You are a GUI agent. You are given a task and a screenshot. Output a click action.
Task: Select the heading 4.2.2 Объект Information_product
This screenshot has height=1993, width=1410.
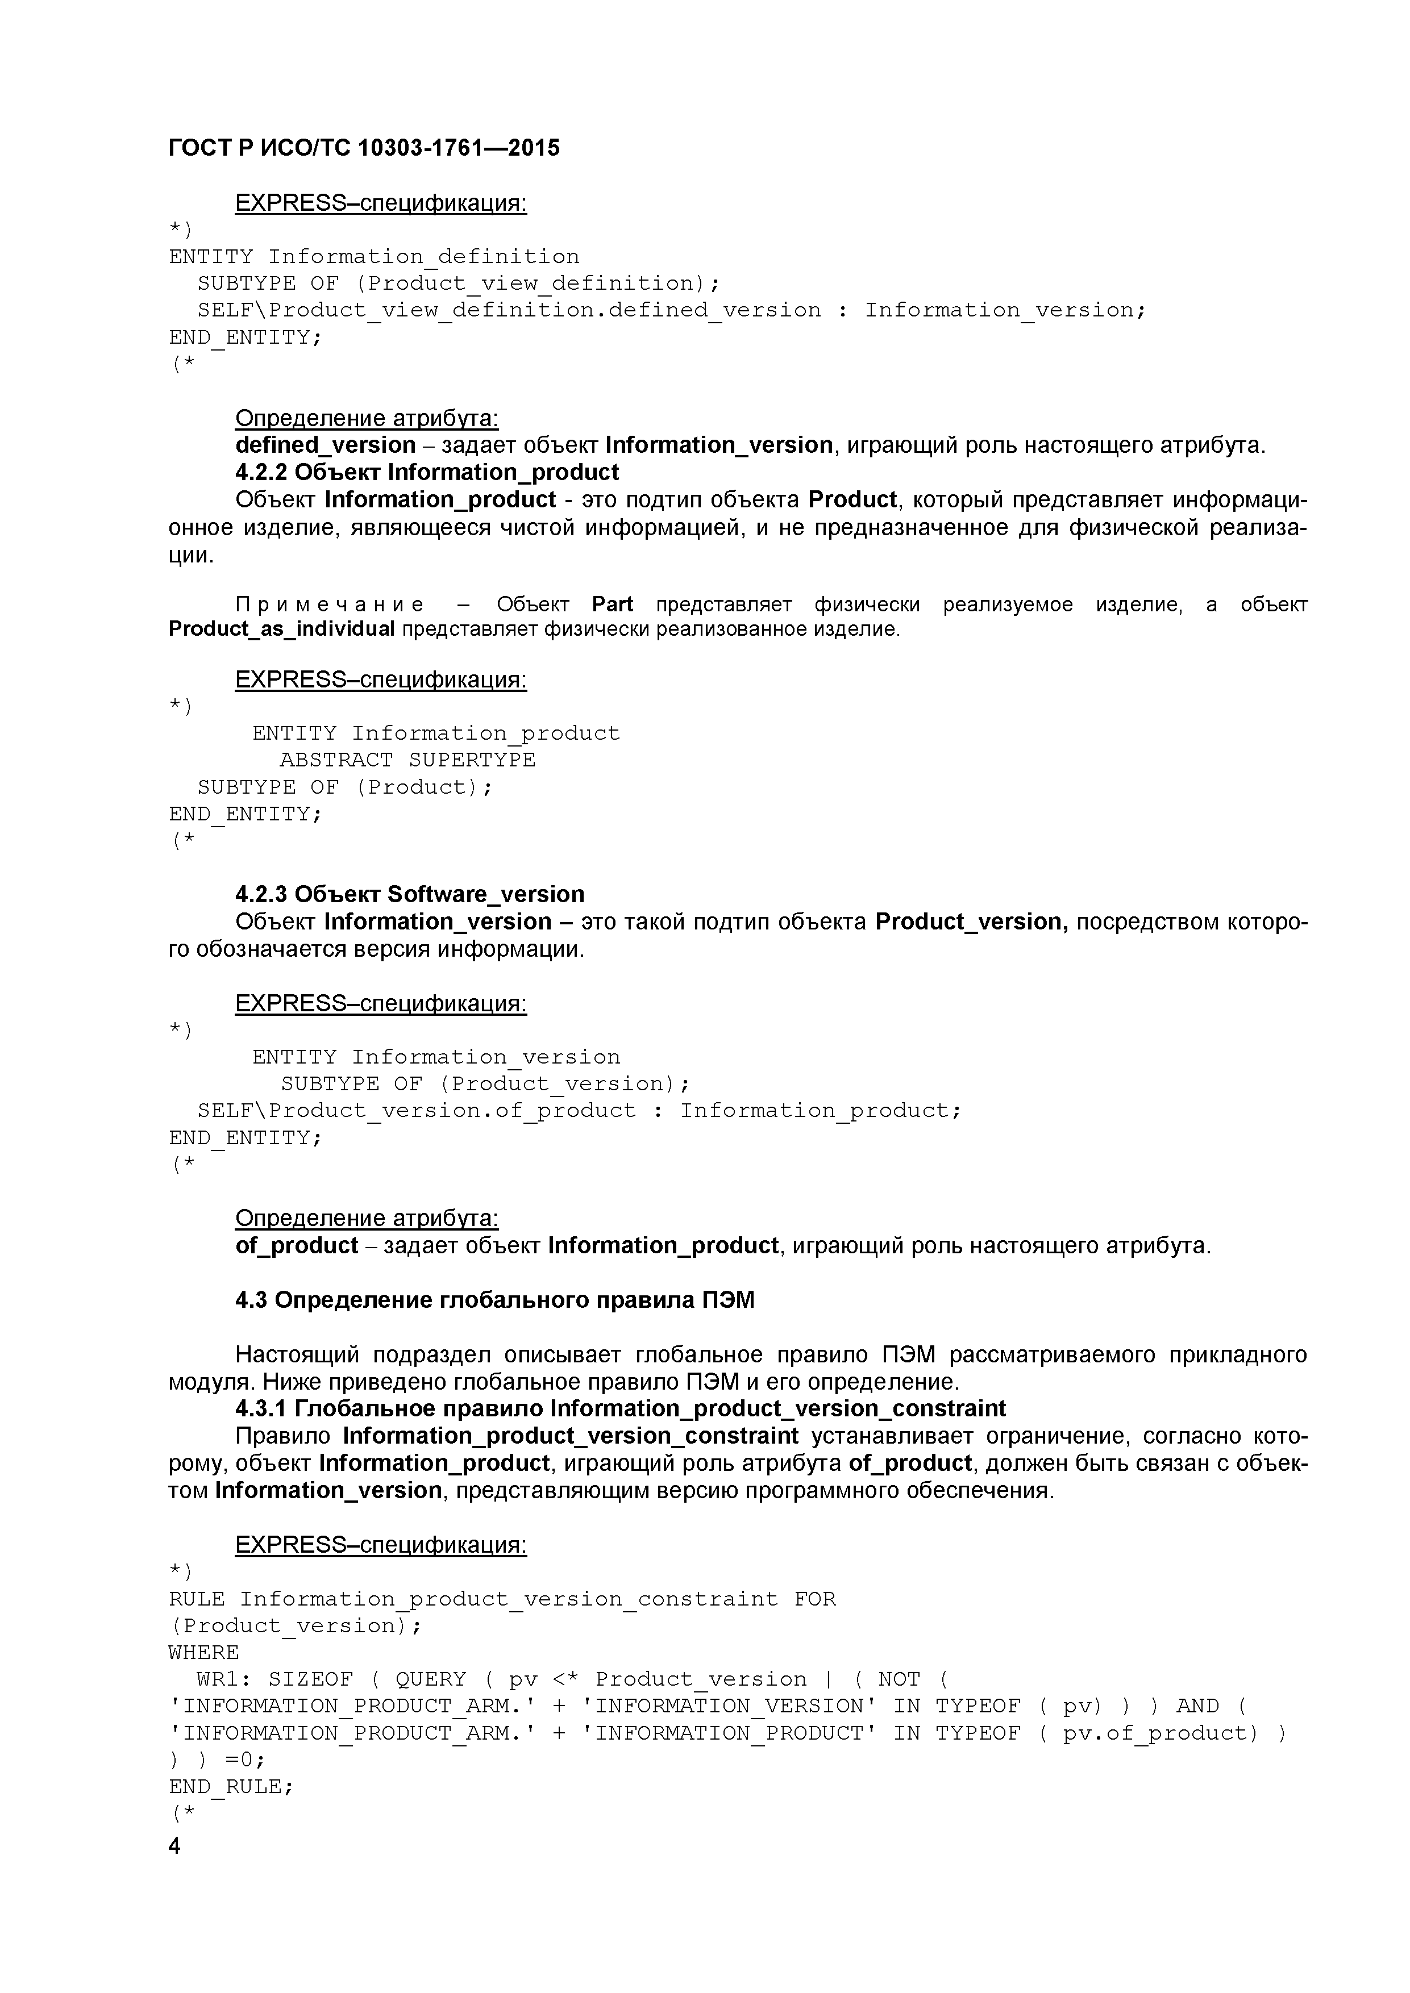point(427,472)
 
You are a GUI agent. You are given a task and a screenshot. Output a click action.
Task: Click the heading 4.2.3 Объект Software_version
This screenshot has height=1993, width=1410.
point(410,894)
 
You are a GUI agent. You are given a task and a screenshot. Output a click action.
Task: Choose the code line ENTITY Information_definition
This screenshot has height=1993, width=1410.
point(374,257)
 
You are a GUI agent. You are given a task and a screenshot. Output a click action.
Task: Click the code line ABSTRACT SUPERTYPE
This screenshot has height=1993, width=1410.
point(407,760)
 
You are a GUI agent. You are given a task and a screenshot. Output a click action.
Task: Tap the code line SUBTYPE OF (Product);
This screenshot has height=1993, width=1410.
point(345,787)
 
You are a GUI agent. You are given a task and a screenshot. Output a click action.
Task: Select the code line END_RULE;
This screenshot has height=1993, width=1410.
point(231,1786)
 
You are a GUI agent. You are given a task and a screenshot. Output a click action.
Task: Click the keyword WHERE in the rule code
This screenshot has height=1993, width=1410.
point(204,1653)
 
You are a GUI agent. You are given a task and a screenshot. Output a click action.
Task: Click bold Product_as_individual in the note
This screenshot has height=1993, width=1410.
point(281,628)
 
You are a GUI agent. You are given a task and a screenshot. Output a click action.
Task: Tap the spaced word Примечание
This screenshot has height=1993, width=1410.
point(330,604)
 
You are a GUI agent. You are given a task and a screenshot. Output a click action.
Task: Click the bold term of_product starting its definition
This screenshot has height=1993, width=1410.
point(297,1245)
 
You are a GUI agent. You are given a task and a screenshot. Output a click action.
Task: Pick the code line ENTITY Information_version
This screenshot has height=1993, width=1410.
point(436,1057)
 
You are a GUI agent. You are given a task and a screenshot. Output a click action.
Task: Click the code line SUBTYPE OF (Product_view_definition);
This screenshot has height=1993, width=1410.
point(459,284)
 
